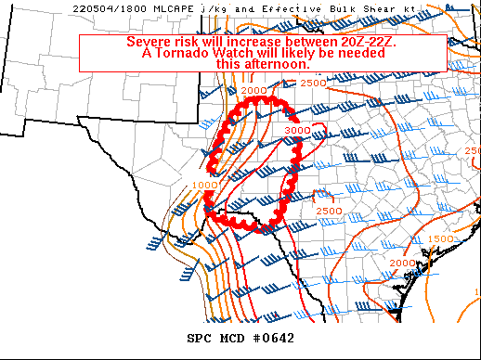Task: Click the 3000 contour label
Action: pyautogui.click(x=296, y=131)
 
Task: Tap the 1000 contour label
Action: pyautogui.click(x=201, y=186)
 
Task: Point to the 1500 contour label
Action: pyautogui.click(x=441, y=239)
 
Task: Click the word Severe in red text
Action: pyautogui.click(x=149, y=43)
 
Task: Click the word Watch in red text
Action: pyautogui.click(x=235, y=54)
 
